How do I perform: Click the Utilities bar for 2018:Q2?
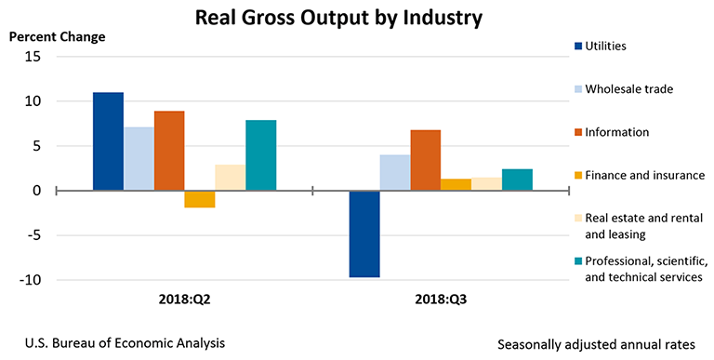tap(108, 141)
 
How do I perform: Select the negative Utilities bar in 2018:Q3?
tap(364, 233)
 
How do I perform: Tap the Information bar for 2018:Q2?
tap(169, 151)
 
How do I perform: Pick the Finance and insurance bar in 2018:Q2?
tap(200, 199)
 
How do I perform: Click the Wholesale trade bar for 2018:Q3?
tap(395, 173)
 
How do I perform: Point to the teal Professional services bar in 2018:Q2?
tap(260, 155)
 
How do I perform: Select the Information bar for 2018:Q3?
tap(426, 160)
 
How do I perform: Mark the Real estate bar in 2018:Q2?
tap(230, 178)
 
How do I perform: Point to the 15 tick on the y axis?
tap(33, 57)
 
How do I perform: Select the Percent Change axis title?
tap(58, 37)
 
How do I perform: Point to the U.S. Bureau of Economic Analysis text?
tap(119, 342)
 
